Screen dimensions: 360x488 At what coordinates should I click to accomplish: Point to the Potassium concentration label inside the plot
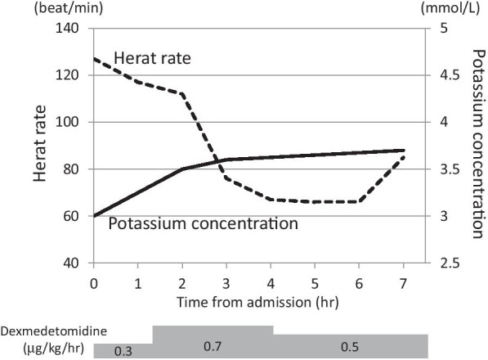pyautogui.click(x=202, y=223)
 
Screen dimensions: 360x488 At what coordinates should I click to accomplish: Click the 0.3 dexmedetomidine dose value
pyautogui.click(x=122, y=351)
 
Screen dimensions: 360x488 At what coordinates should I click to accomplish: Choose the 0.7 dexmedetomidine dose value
pyautogui.click(x=213, y=346)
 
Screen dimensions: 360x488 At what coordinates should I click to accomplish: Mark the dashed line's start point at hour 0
pyautogui.click(x=94, y=59)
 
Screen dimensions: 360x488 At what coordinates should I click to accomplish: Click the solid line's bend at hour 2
pyautogui.click(x=182, y=169)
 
